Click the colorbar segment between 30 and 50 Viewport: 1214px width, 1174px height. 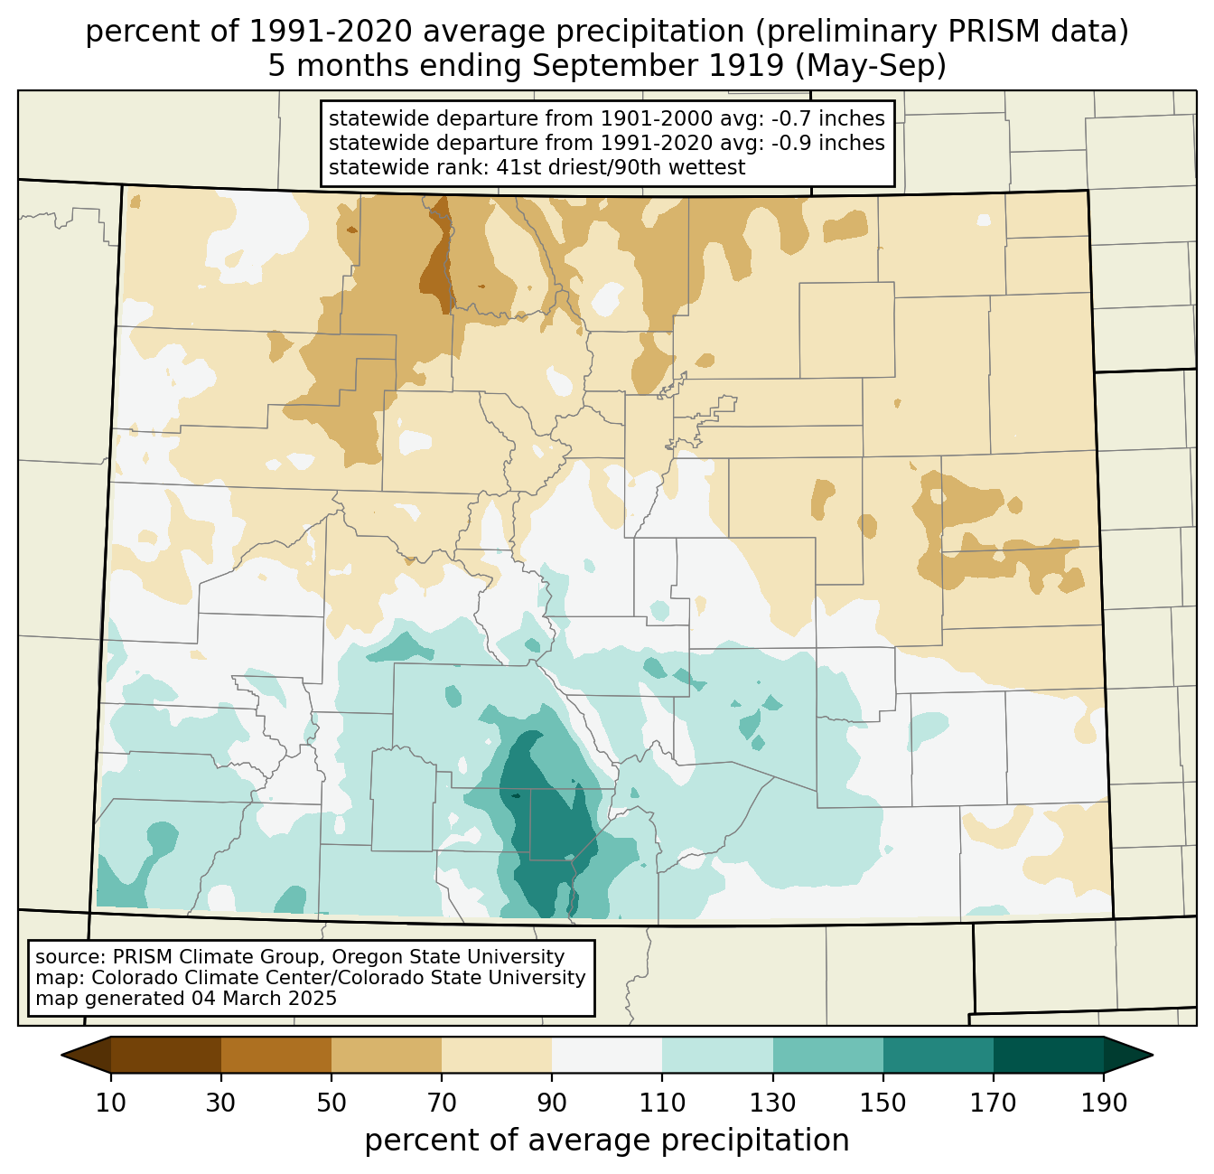[275, 1055]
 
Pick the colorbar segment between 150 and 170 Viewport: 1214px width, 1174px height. [938, 1055]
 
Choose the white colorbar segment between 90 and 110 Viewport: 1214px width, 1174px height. [607, 1055]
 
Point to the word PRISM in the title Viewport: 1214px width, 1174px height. [980, 32]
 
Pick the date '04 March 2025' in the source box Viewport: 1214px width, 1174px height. [264, 998]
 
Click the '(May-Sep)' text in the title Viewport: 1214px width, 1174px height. [871, 66]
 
